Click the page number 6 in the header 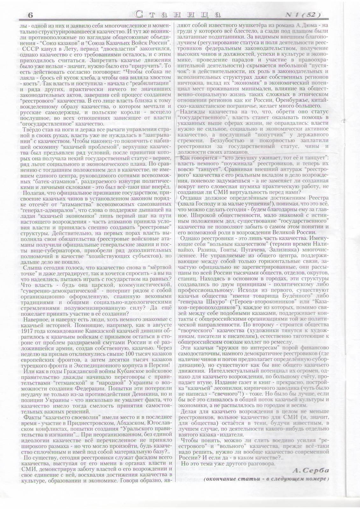tap(31, 15)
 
